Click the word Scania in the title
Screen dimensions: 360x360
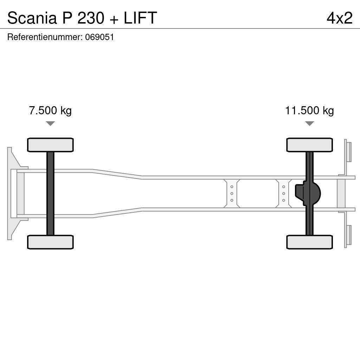coord(32,18)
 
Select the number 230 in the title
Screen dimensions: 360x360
coord(91,18)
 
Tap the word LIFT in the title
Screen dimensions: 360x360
coord(140,18)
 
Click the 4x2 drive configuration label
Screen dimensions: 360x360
coord(340,18)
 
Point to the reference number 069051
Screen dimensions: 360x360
coord(99,37)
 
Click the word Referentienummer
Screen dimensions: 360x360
coord(45,37)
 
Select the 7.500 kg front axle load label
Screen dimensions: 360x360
coord(50,111)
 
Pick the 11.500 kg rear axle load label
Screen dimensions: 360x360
coord(309,111)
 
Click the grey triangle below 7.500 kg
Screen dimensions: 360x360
coord(50,123)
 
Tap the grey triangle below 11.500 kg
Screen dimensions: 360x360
coord(309,123)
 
